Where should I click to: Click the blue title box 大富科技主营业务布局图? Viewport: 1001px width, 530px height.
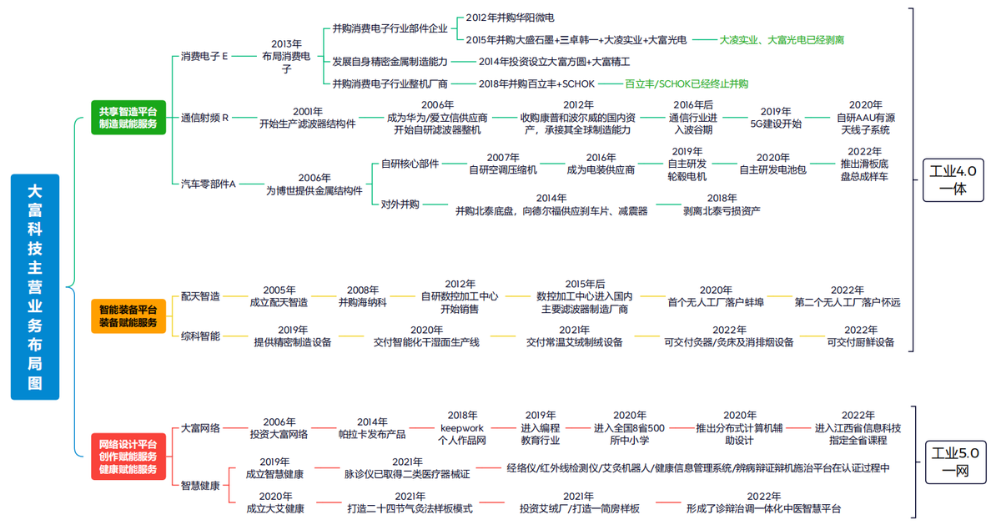coord(35,286)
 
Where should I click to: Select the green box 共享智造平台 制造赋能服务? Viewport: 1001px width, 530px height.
coord(128,117)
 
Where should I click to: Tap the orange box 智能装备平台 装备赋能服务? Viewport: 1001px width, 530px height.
coord(128,315)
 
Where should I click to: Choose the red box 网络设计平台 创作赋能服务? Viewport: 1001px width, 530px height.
coord(128,457)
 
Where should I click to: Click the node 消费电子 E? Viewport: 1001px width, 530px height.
coord(204,57)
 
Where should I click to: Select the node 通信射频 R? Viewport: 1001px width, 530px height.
coord(204,118)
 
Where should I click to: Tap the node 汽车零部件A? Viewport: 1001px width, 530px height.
coord(209,184)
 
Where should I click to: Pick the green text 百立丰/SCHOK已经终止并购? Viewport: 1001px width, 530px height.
coord(687,83)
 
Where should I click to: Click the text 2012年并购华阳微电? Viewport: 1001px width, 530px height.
coord(510,17)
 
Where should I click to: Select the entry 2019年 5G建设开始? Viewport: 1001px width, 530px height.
coord(776,118)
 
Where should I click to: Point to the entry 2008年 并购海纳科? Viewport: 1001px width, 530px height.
coord(363,296)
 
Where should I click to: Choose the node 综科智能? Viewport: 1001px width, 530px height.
coord(201,336)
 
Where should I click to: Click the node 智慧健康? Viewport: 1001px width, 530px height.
coord(201,485)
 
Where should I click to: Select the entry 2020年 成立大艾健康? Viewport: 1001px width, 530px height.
coord(275,502)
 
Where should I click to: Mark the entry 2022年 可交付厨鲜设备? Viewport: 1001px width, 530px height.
coord(860,336)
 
